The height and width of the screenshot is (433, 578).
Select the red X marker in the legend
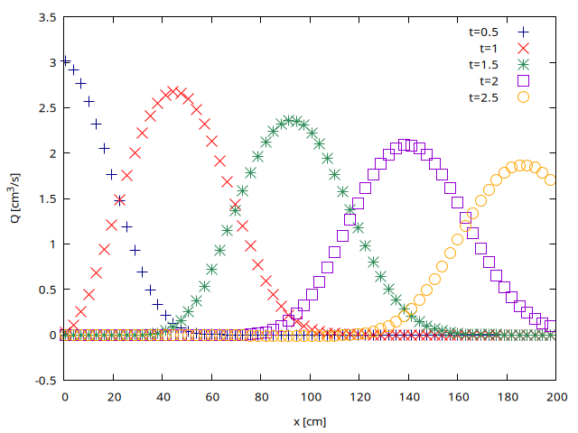point(522,47)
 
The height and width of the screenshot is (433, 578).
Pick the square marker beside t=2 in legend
point(522,81)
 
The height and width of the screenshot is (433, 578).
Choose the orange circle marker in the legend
point(522,97)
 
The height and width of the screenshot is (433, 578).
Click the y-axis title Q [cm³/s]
point(18,198)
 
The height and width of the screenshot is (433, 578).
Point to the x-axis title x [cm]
point(310,421)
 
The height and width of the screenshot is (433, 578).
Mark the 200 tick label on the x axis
point(556,396)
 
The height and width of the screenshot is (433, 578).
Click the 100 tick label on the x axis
point(310,396)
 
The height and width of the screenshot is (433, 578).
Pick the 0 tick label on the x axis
point(64,396)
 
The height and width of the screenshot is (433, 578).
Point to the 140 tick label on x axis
point(408,396)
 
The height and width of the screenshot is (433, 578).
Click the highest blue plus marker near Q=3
point(64,61)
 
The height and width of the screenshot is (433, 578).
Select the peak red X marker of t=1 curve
point(172,92)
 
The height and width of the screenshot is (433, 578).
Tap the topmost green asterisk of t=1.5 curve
point(291,120)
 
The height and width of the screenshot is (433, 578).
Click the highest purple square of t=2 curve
point(406,144)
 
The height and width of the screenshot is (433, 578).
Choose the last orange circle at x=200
point(552,180)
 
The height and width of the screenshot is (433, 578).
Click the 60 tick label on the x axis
point(211,396)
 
